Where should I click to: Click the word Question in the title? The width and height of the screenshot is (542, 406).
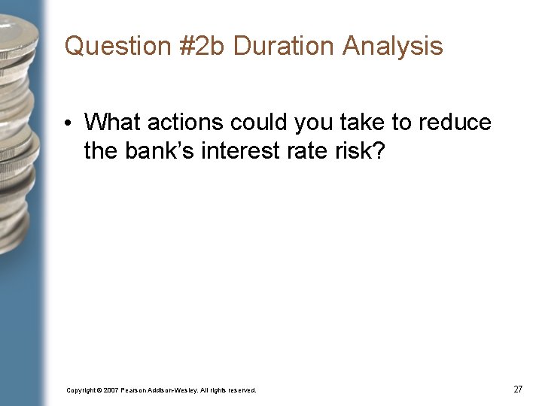click(108, 47)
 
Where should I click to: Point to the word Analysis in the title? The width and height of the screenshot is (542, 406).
click(392, 47)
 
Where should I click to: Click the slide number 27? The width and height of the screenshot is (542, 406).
click(518, 389)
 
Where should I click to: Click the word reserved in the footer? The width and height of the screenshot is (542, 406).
click(242, 390)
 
